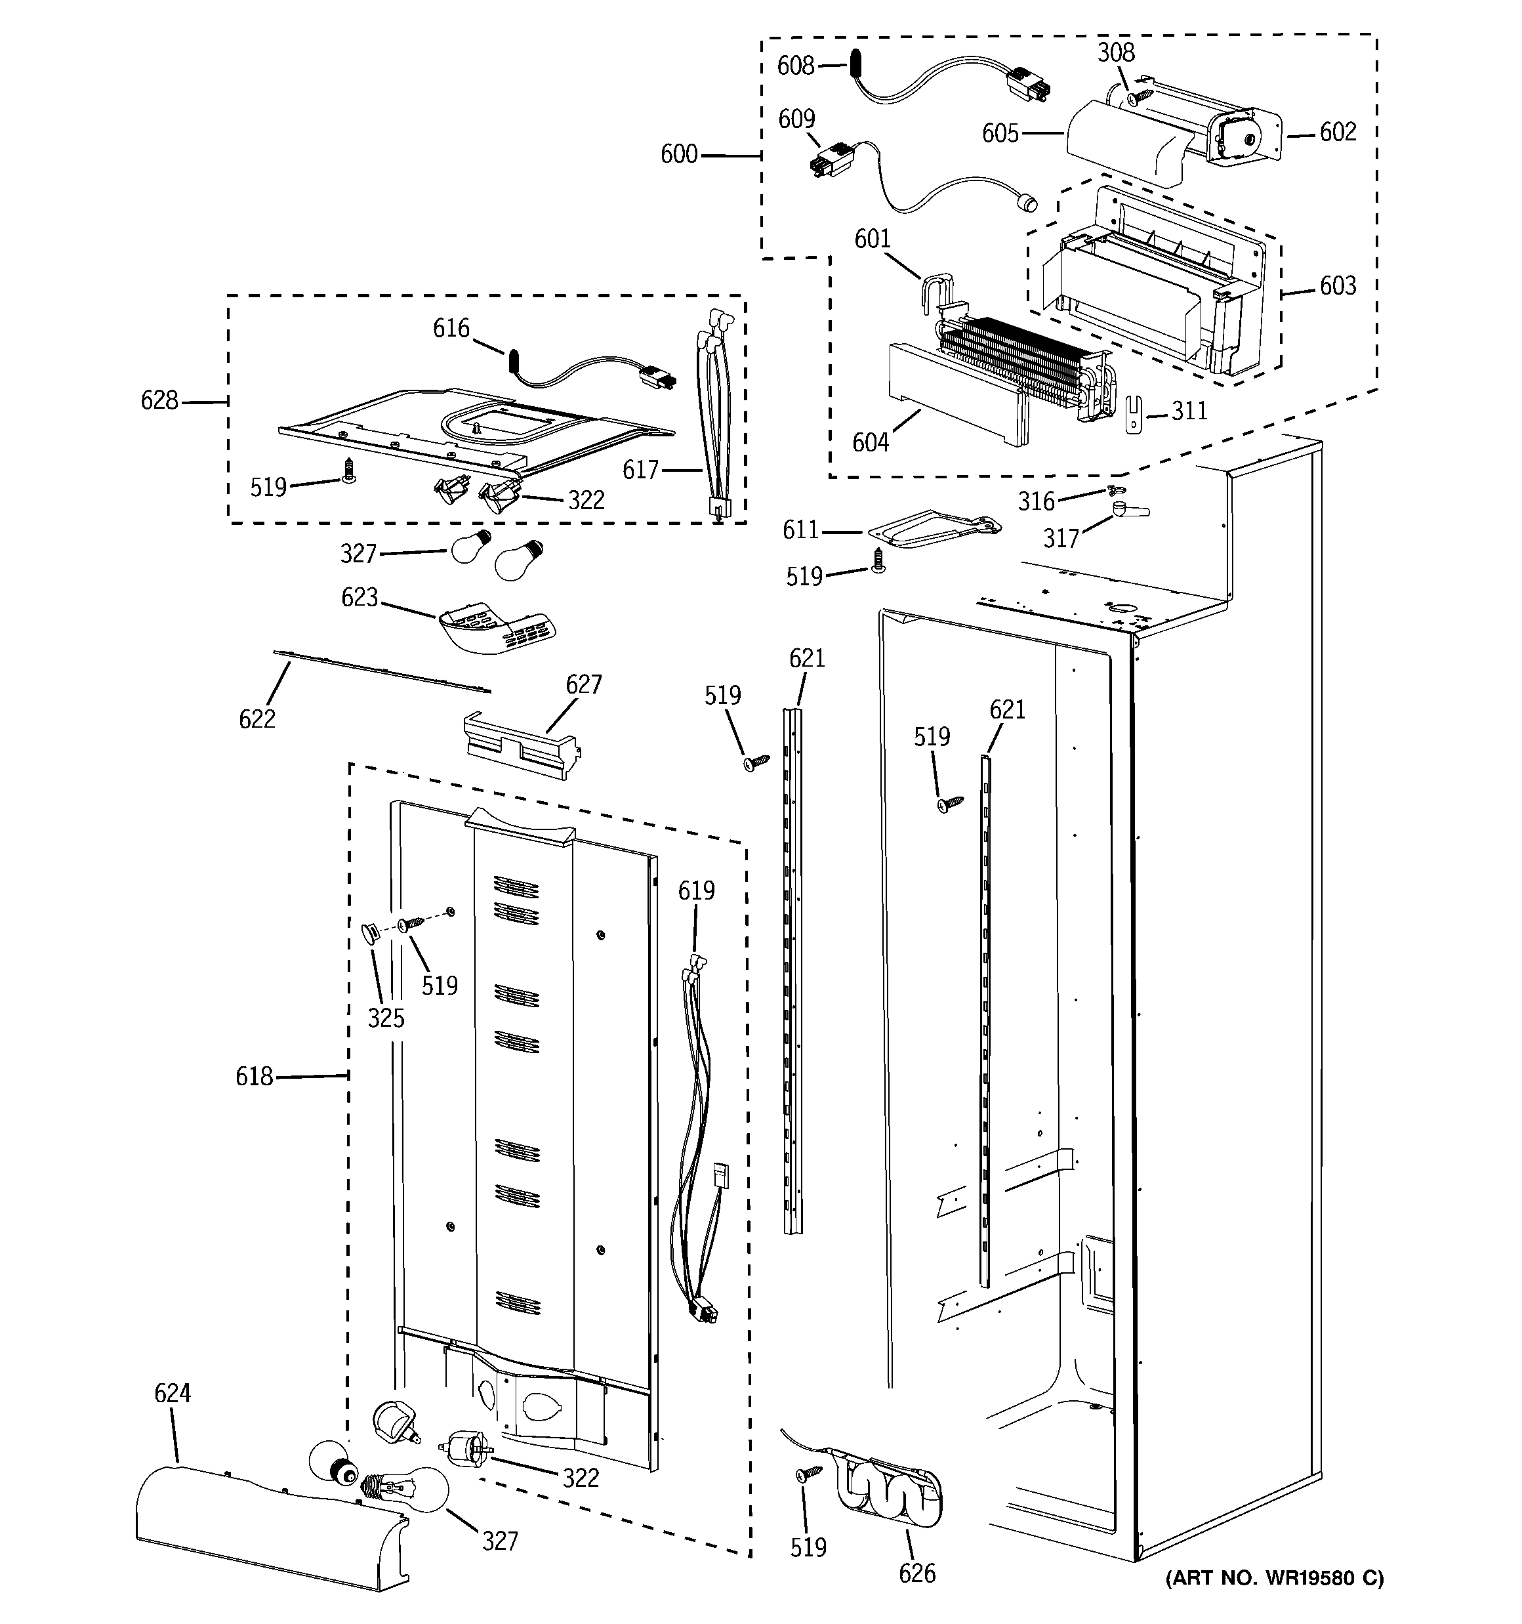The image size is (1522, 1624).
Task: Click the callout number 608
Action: coord(795,66)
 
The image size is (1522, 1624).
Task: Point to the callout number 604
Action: coord(870,442)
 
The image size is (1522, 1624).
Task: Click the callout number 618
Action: coord(254,1077)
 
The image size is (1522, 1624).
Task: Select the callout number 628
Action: coord(159,400)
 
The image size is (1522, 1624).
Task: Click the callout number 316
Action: coord(1036,501)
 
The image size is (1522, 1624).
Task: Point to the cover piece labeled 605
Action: coord(1123,143)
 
